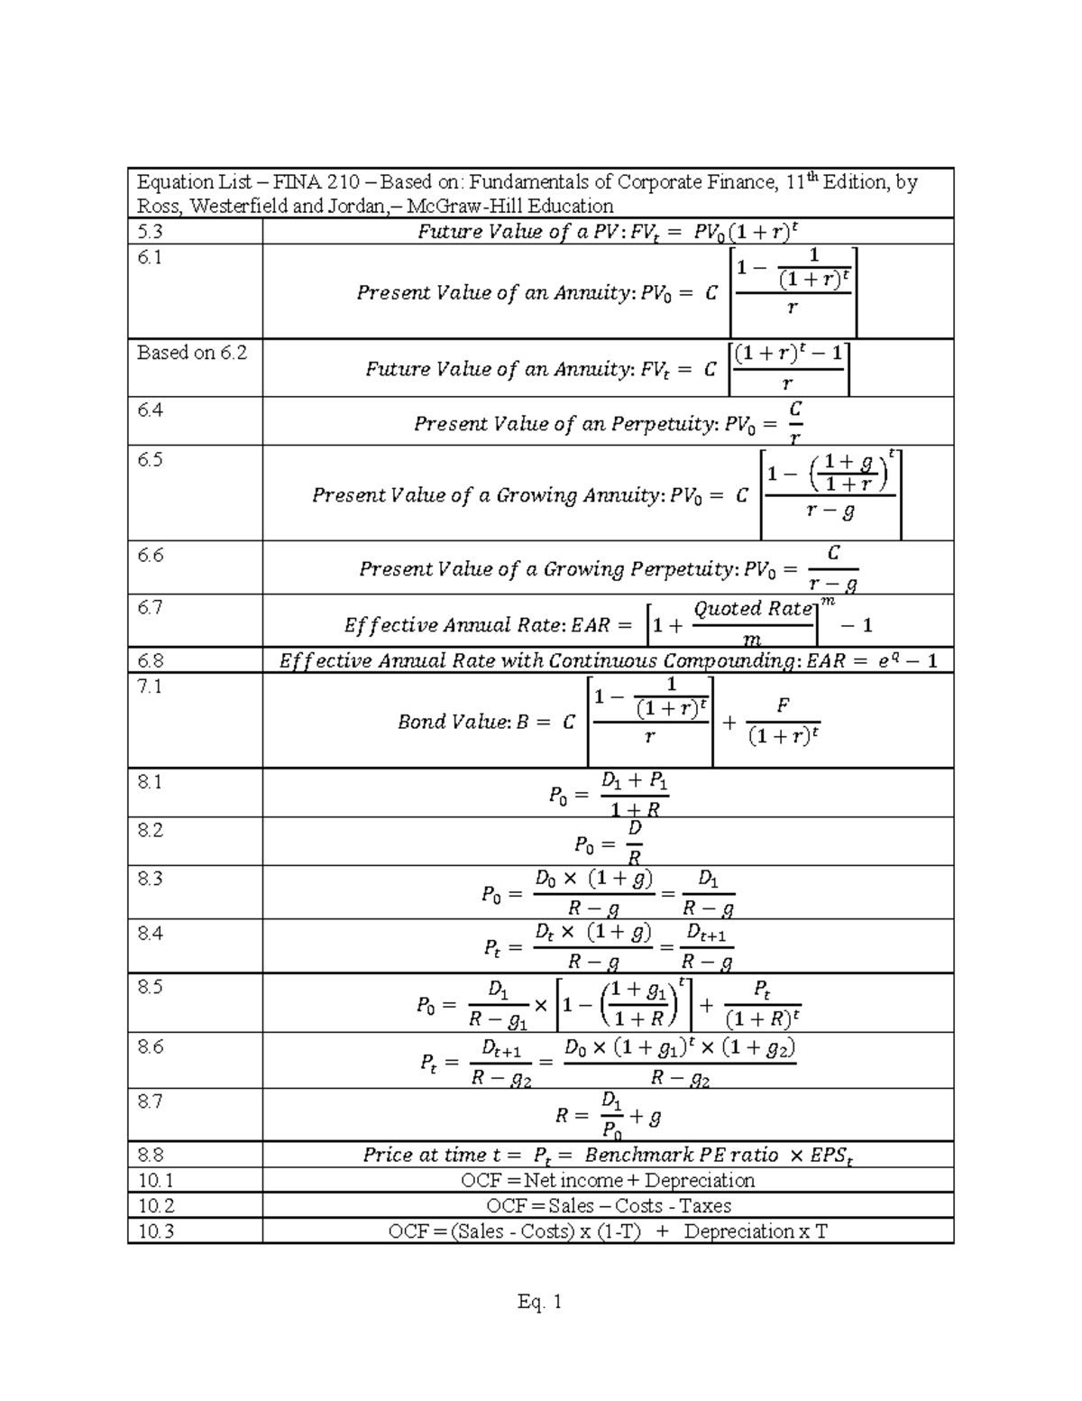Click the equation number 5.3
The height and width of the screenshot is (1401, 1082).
click(151, 231)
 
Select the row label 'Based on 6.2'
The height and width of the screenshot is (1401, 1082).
click(191, 353)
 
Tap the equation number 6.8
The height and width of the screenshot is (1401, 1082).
click(151, 660)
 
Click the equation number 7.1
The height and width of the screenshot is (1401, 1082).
click(149, 686)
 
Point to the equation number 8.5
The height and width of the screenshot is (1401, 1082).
click(150, 987)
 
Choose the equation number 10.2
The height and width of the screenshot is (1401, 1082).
click(154, 1205)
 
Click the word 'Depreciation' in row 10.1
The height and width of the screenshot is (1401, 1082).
click(699, 1180)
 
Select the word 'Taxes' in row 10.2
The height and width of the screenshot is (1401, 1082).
click(705, 1205)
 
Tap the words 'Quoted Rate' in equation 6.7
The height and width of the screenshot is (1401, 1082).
click(753, 609)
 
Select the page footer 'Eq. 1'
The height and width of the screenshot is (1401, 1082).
click(540, 1302)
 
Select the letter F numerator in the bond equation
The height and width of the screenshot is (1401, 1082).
click(783, 709)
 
